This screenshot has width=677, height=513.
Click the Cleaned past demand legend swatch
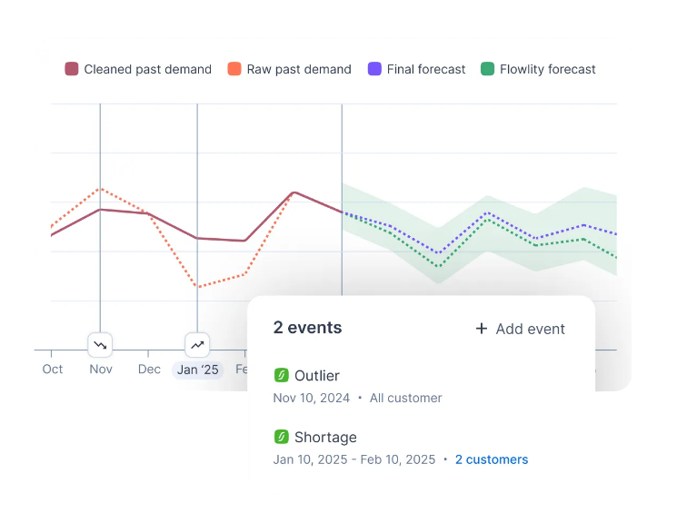72,69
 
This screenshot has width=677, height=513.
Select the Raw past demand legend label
299,69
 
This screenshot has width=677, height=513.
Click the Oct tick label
53,370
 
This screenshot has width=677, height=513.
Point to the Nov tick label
101,370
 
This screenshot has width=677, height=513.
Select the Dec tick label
149,370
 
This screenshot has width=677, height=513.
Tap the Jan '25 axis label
197,370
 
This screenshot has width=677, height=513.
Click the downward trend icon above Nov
100,345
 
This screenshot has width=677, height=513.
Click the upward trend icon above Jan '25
197,345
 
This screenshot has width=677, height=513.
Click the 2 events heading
307,328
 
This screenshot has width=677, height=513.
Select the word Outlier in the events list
317,376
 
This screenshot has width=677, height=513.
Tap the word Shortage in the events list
325,438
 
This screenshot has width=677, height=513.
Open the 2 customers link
492,459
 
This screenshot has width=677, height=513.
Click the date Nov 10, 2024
311,398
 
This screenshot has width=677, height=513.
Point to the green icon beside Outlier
281,375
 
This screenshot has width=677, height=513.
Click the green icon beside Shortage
281,437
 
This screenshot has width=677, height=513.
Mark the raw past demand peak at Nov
101,189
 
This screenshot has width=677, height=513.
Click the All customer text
406,398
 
